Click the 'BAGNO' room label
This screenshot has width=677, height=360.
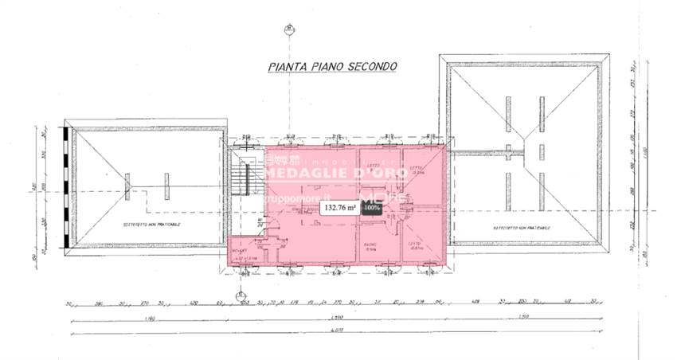pos(370,245)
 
